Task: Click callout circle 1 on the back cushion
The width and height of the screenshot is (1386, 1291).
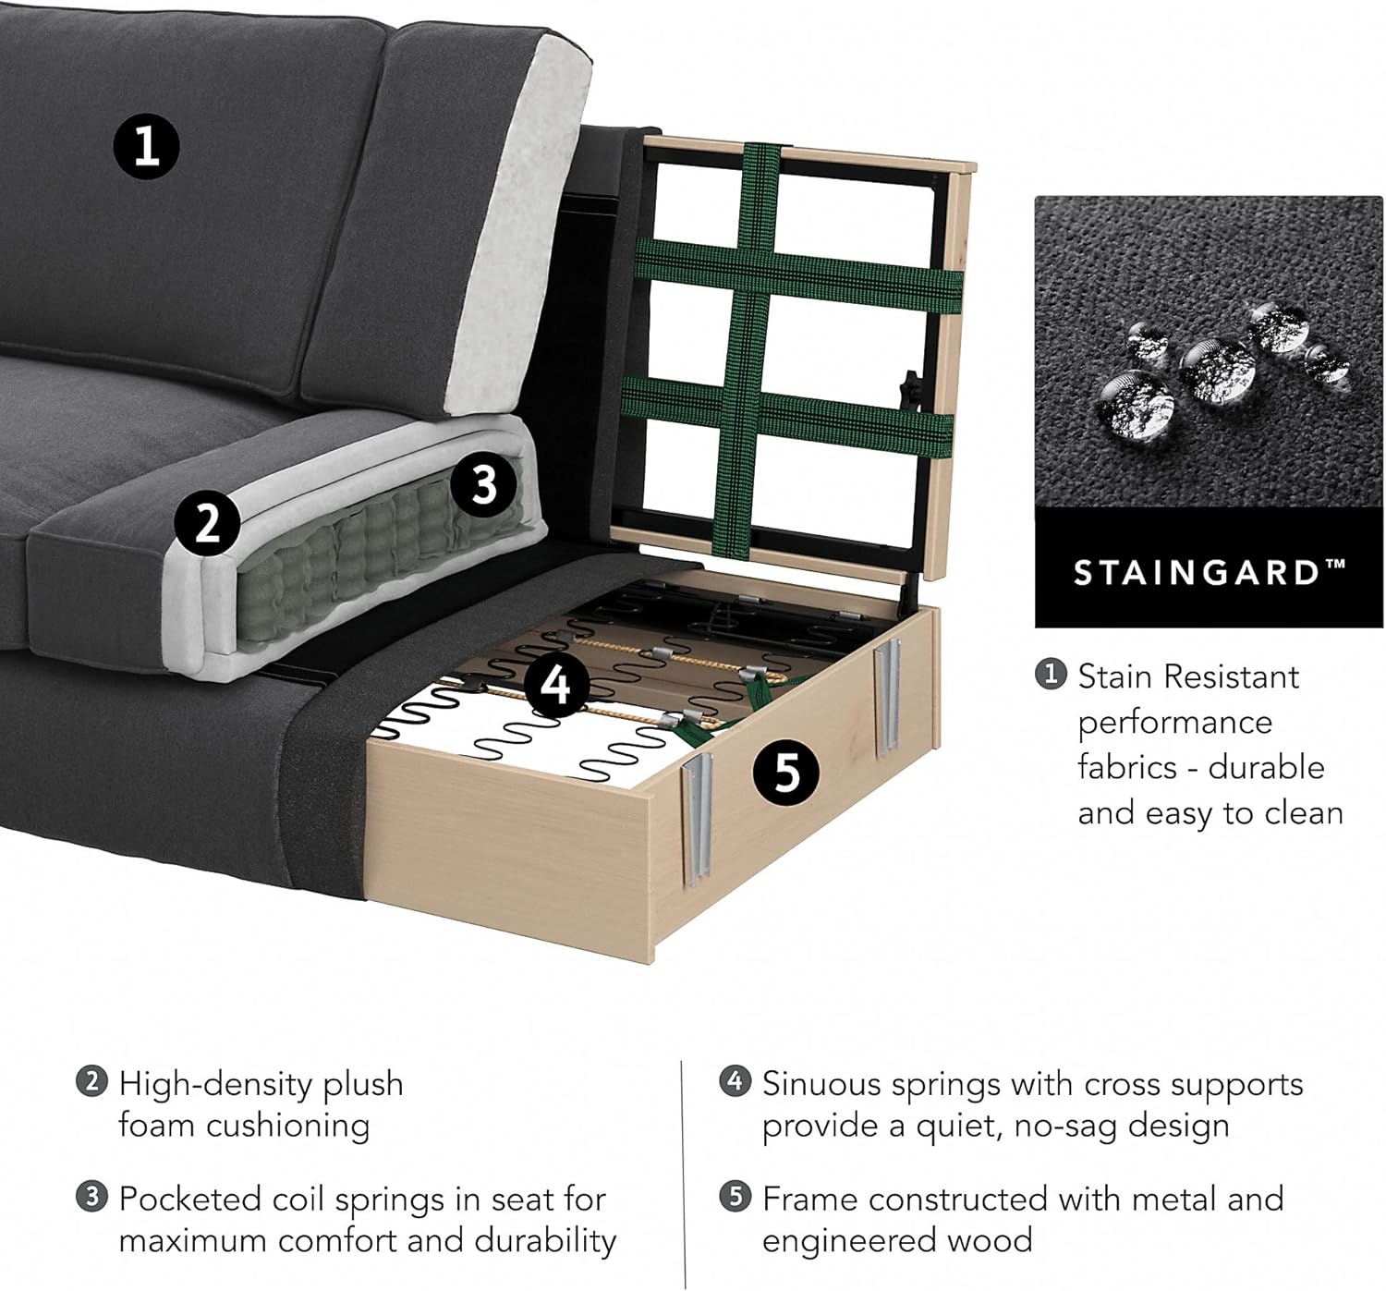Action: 146,146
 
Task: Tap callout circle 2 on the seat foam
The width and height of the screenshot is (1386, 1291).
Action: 208,522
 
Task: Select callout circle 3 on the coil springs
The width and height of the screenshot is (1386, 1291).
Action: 484,482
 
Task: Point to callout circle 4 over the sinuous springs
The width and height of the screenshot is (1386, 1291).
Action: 555,685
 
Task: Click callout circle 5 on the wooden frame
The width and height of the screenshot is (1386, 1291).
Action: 785,772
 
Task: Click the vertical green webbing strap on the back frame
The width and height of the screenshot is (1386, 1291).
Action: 750,351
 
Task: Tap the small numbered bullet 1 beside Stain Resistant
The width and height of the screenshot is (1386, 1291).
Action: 1051,675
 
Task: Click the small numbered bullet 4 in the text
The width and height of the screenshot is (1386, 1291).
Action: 735,1081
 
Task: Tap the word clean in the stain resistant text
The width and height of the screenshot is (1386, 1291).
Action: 1304,813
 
